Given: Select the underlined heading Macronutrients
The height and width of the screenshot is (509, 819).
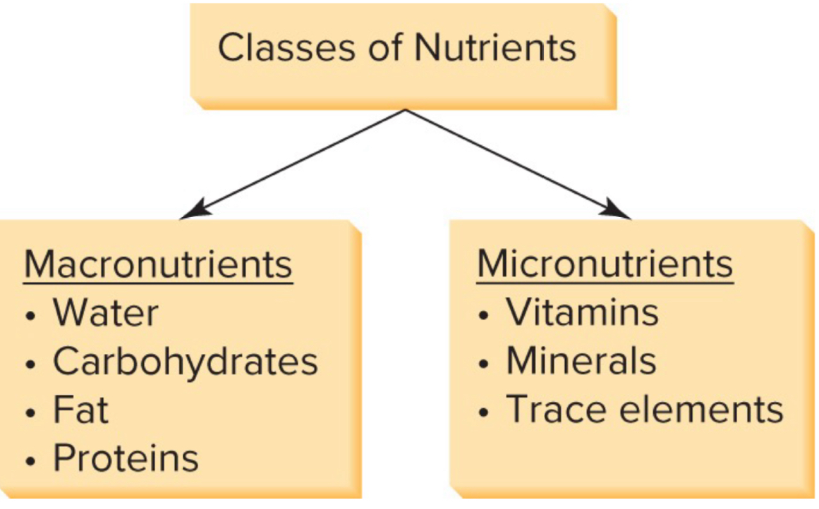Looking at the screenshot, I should point(158,264).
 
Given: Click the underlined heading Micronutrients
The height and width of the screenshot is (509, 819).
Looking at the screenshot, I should point(605,264).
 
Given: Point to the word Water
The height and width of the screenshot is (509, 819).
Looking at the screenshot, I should point(106,312).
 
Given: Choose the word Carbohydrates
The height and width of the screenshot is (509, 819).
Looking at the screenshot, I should point(186,362).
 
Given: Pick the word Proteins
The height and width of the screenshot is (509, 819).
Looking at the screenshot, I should point(126,458).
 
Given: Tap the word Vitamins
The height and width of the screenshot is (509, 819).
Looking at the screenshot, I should point(582,312).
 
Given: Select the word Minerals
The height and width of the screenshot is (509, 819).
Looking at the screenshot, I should point(581,361).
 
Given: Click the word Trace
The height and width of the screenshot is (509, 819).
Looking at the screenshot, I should point(552,409).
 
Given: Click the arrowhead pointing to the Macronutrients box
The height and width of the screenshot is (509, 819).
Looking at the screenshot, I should point(193,209).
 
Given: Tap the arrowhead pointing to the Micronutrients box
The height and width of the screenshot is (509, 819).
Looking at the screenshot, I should point(618,209).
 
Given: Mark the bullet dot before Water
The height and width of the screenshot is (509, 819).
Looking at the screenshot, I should point(30,315).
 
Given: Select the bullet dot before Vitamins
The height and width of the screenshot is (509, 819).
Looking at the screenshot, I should point(483,315).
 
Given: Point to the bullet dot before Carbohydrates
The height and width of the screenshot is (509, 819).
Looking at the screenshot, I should point(30,364).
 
